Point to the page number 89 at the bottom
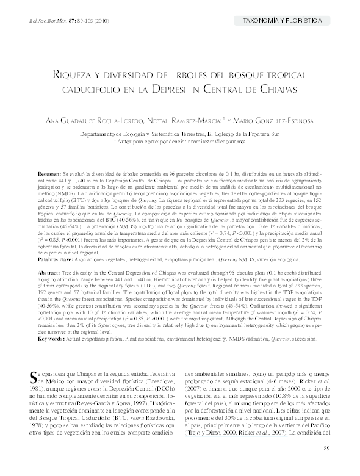326,450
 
